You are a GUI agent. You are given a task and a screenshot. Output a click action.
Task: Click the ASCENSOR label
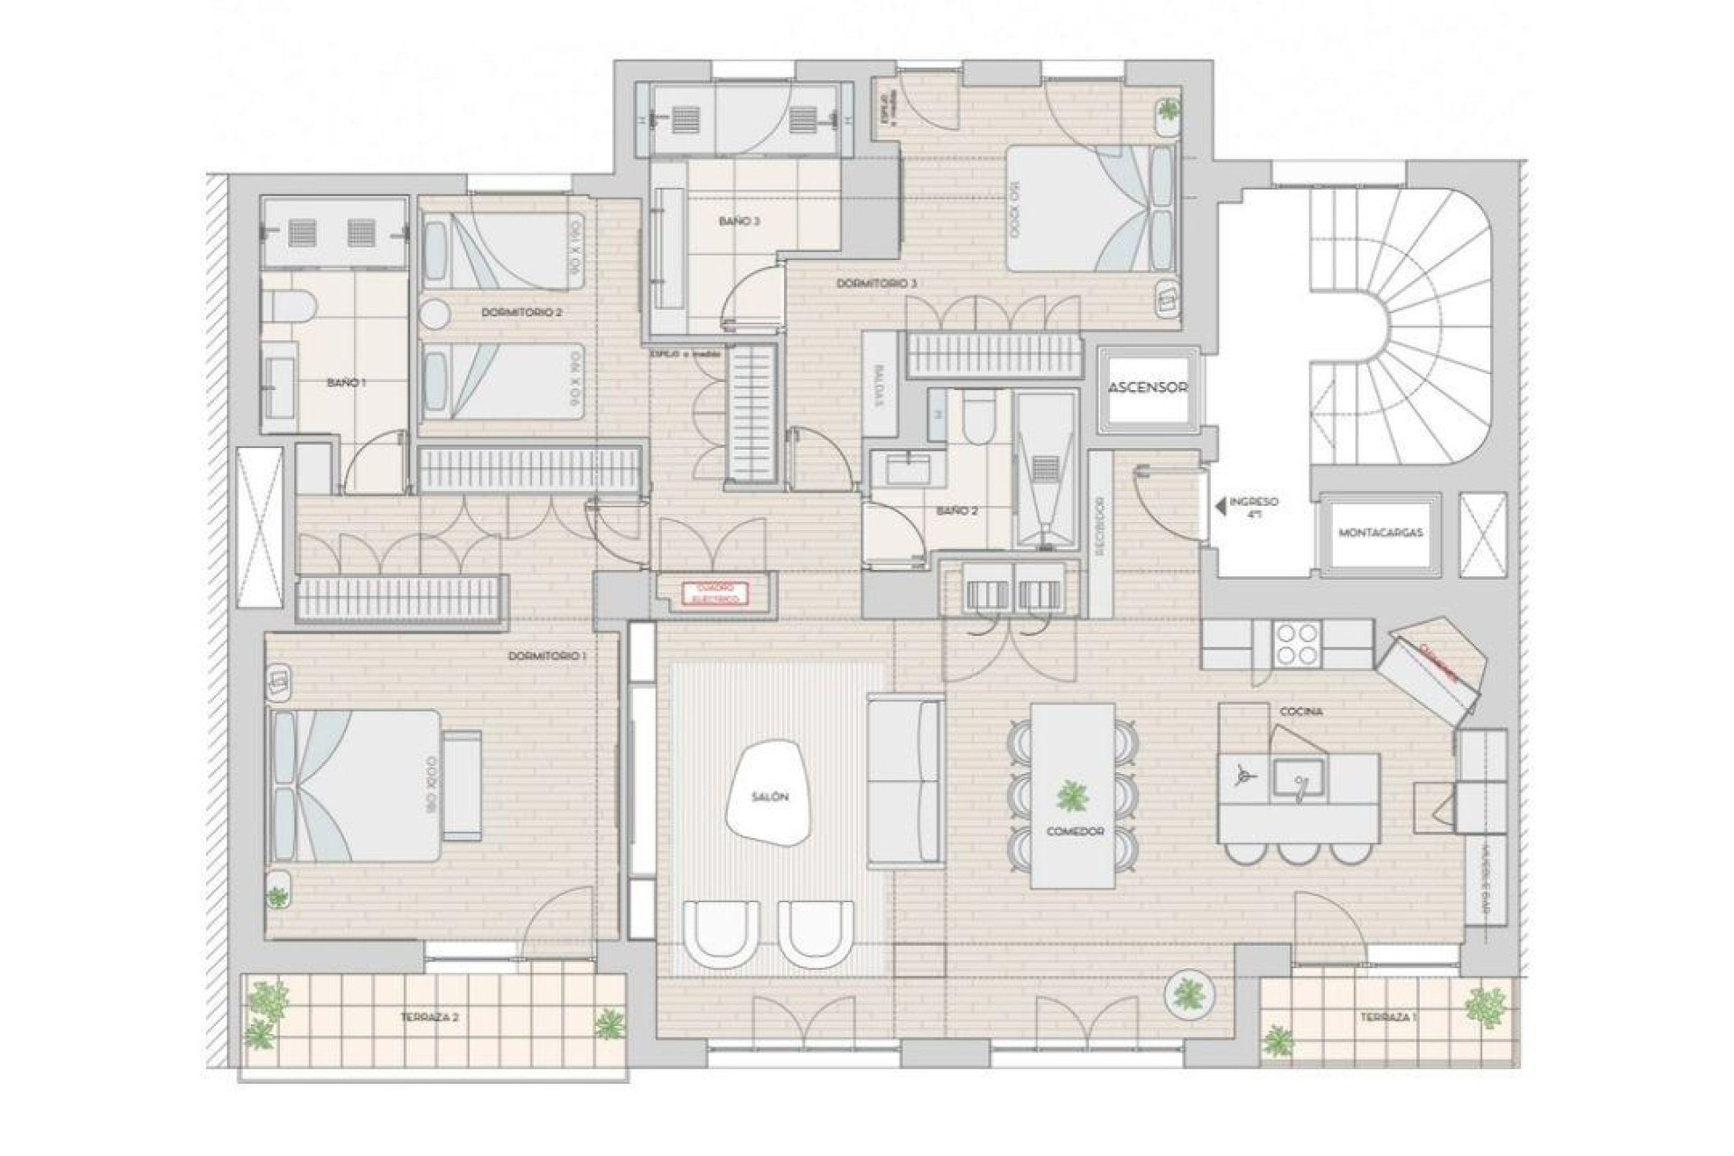pyautogui.click(x=1147, y=387)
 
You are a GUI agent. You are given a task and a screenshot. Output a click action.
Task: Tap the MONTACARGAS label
pyautogui.click(x=1380, y=533)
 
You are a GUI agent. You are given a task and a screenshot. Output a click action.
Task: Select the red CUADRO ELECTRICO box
pyautogui.click(x=716, y=592)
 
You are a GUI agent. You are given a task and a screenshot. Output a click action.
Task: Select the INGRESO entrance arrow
pyautogui.click(x=1221, y=508)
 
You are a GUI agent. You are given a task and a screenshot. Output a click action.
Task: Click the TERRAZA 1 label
pyautogui.click(x=1388, y=1018)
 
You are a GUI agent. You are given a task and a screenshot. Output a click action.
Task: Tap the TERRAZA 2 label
pyautogui.click(x=430, y=1017)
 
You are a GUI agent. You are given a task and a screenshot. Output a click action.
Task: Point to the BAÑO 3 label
pyautogui.click(x=739, y=220)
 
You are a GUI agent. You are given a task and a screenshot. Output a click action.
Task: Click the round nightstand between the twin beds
pyautogui.click(x=435, y=314)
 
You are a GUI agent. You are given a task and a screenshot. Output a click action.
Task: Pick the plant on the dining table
pyautogui.click(x=1073, y=797)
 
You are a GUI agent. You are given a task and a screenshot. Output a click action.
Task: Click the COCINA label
pyautogui.click(x=1301, y=712)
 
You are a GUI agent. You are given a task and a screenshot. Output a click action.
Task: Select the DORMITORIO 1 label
pyautogui.click(x=547, y=656)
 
